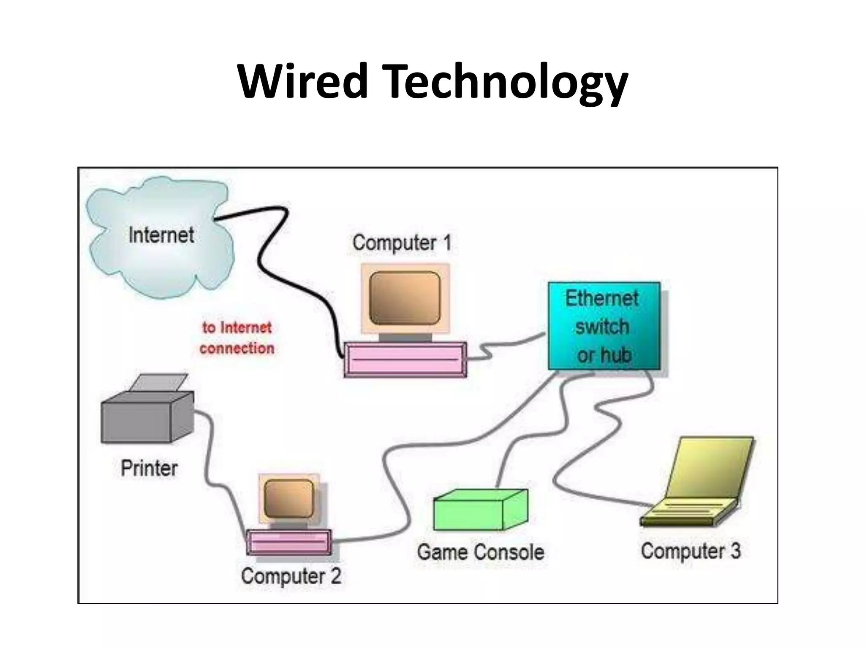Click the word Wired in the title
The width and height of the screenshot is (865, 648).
302,81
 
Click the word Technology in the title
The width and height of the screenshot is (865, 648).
507,82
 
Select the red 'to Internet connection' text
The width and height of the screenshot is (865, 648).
237,338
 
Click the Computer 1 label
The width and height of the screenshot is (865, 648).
402,243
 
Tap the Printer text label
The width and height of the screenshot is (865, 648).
149,468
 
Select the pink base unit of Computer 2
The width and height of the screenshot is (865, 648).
289,542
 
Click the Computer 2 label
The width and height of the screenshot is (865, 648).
291,576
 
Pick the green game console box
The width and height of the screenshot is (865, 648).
479,510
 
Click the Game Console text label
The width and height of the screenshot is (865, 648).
480,552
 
